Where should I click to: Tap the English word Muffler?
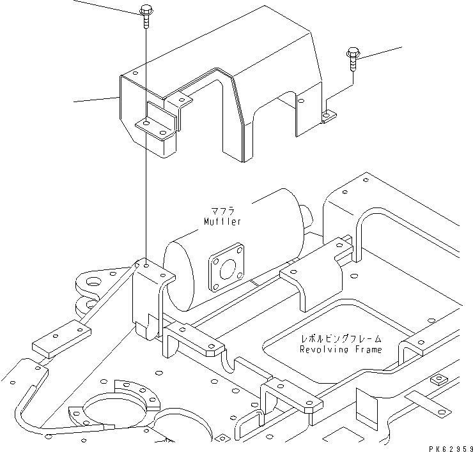tap(222, 222)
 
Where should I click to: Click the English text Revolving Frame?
tap(341, 349)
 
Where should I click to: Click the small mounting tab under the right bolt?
tap(328, 116)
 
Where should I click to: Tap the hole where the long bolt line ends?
tap(146, 263)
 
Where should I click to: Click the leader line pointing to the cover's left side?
tap(96, 99)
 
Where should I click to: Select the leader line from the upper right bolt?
tap(380, 52)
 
